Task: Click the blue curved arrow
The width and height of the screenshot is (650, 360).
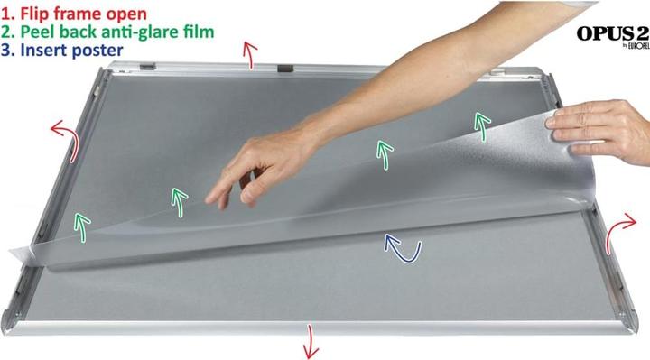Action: pyautogui.click(x=397, y=246)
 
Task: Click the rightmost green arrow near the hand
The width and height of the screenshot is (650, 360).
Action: pyautogui.click(x=483, y=127)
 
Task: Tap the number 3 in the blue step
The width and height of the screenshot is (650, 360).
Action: pyautogui.click(x=6, y=50)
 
